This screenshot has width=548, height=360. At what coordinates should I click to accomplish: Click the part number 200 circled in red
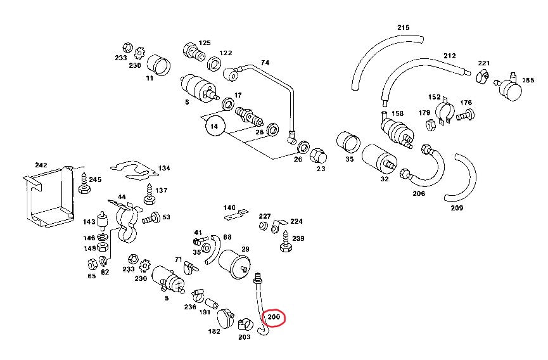[274, 316]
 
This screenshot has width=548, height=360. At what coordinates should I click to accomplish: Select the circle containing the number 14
[215, 126]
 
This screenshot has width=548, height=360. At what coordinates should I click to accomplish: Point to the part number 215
[404, 27]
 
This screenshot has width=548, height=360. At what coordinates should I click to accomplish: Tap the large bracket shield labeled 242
[48, 200]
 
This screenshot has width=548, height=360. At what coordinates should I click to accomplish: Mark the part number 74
[265, 63]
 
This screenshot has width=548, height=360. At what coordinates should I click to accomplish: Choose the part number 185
[527, 81]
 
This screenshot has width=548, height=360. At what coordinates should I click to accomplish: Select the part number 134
[164, 168]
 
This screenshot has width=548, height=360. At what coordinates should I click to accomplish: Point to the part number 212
[449, 56]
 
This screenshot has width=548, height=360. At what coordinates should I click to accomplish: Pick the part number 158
[397, 113]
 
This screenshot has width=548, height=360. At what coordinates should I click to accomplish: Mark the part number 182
[213, 331]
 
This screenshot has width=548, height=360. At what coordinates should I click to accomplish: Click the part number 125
[204, 43]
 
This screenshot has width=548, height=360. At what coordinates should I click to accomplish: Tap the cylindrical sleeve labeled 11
[160, 65]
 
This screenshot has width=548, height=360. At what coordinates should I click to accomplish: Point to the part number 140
[229, 207]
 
